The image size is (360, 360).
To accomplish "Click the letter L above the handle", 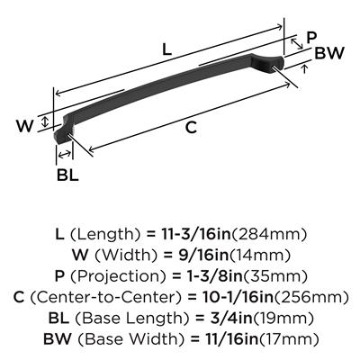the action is (166, 49).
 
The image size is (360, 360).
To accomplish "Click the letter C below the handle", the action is (191, 127).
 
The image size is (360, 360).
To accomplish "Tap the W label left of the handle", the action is (25, 126).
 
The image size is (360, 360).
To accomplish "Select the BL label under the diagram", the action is (67, 175).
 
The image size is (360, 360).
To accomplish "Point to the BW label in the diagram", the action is (329, 53).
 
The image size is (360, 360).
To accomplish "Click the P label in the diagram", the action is (311, 38).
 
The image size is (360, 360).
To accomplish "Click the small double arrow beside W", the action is (45, 121).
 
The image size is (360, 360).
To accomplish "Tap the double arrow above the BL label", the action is (65, 155).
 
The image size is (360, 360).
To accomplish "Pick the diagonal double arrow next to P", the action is (297, 43).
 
